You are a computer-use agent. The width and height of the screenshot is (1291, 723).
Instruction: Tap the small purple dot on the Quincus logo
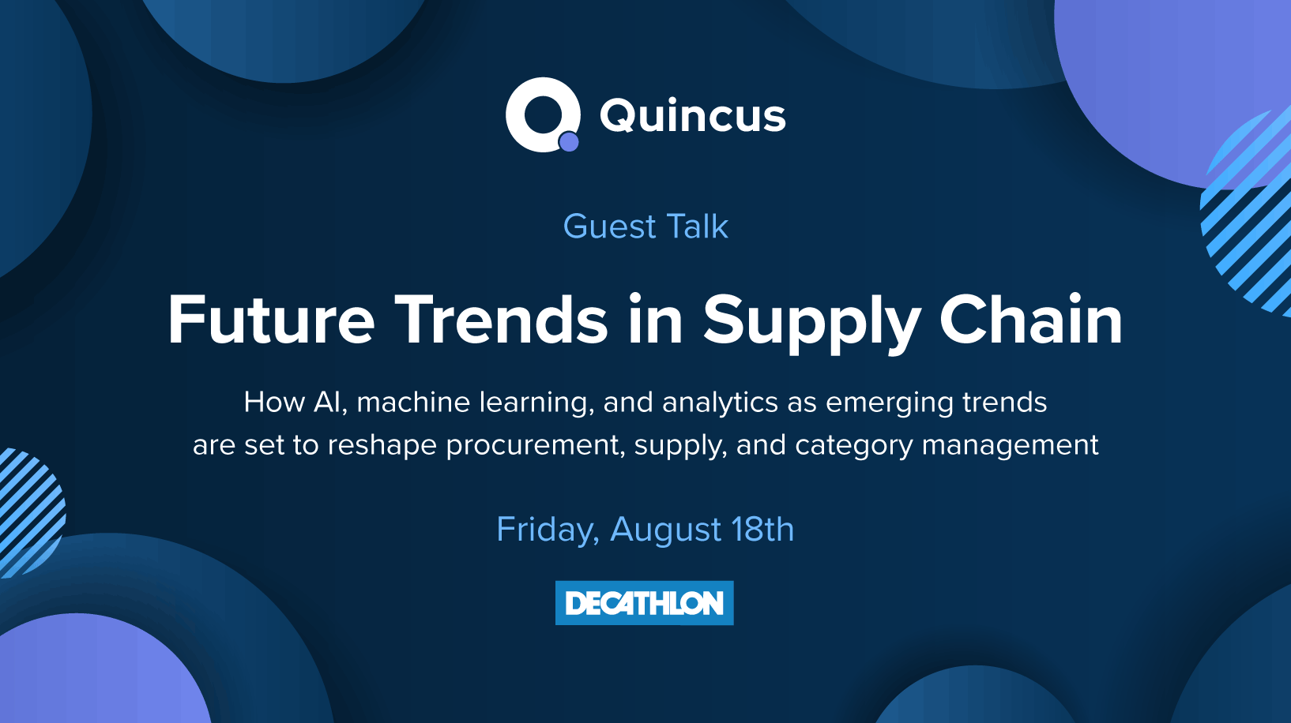click(x=569, y=141)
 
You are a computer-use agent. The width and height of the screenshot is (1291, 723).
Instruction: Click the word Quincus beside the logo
click(x=693, y=116)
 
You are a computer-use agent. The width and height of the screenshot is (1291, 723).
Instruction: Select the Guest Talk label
click(x=645, y=227)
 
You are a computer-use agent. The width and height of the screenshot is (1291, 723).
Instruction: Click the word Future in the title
click(x=271, y=320)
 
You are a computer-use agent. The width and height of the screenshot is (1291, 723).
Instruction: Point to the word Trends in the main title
click(x=501, y=320)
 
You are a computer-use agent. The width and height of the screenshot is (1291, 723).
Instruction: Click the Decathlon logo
click(x=645, y=603)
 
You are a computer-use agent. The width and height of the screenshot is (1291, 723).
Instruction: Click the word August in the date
click(x=666, y=530)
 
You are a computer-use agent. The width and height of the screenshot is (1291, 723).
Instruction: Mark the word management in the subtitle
click(x=1011, y=445)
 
